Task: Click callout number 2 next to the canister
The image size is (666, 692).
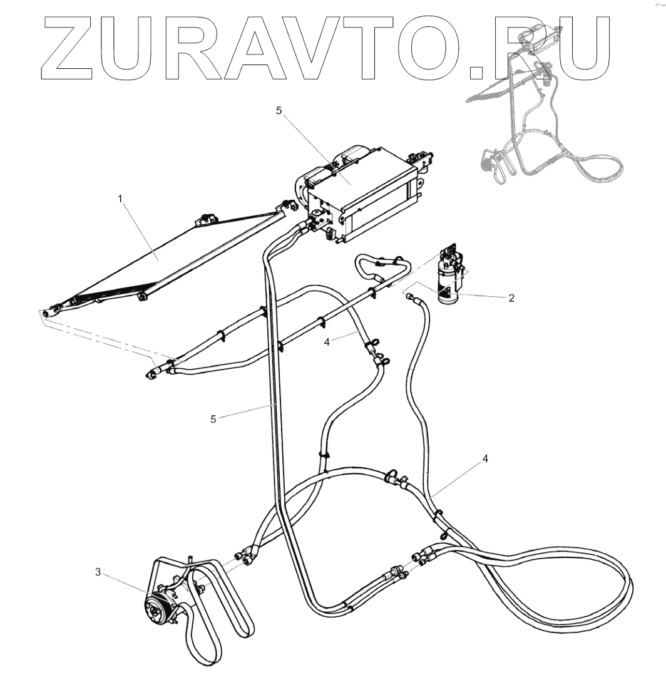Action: (x=511, y=299)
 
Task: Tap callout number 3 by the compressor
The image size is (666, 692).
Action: (x=98, y=572)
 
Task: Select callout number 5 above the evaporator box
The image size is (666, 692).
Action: (x=279, y=111)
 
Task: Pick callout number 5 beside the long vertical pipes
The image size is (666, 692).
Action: (x=214, y=419)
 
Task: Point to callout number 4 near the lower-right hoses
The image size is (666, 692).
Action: (x=485, y=458)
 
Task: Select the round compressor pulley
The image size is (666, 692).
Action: (x=155, y=609)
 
